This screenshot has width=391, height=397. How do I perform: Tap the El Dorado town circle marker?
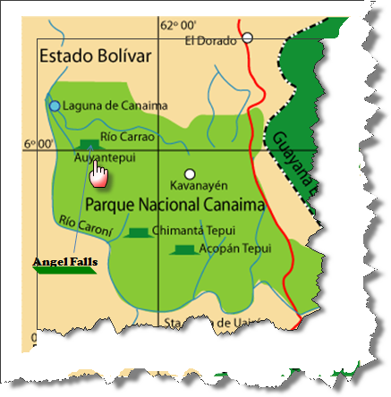tap(248, 38)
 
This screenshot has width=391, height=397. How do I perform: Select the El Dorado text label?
tap(212, 39)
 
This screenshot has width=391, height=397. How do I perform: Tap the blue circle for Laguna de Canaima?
tap(55, 106)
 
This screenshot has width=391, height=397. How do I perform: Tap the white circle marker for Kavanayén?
tap(189, 173)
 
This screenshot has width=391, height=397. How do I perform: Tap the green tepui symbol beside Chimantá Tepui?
tap(137, 232)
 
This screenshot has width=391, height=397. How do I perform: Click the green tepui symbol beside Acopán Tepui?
tap(184, 249)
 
